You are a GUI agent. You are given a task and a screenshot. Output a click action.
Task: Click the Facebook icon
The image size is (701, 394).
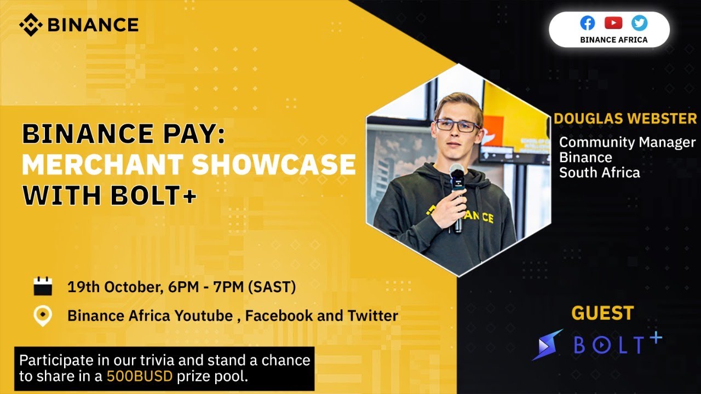[x=588, y=23]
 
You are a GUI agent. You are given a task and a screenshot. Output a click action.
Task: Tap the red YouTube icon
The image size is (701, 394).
[x=613, y=23]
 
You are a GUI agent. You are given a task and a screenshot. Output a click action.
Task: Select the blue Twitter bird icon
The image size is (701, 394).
[x=639, y=23]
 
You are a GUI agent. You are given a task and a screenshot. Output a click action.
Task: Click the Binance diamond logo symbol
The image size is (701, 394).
[x=31, y=24]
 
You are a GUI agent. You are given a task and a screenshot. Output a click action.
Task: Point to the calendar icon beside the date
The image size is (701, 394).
[x=43, y=287]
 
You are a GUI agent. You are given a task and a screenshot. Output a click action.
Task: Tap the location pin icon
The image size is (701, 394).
[x=43, y=316]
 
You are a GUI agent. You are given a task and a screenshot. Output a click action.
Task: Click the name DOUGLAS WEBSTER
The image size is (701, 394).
[x=625, y=118]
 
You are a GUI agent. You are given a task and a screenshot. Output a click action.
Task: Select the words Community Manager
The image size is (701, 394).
[x=627, y=142]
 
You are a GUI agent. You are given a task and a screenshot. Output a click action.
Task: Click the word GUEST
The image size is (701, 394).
[x=602, y=314]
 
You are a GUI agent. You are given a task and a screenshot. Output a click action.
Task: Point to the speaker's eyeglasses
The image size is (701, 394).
[x=457, y=126]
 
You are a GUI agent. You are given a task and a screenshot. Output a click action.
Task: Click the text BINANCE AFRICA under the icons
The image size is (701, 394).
[x=613, y=39]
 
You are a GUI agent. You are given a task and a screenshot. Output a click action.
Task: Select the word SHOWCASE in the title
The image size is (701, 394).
[x=274, y=165]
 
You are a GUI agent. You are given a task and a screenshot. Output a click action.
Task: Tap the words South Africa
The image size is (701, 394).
[x=599, y=173]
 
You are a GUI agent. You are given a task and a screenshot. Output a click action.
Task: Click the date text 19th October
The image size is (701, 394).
[x=113, y=287]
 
